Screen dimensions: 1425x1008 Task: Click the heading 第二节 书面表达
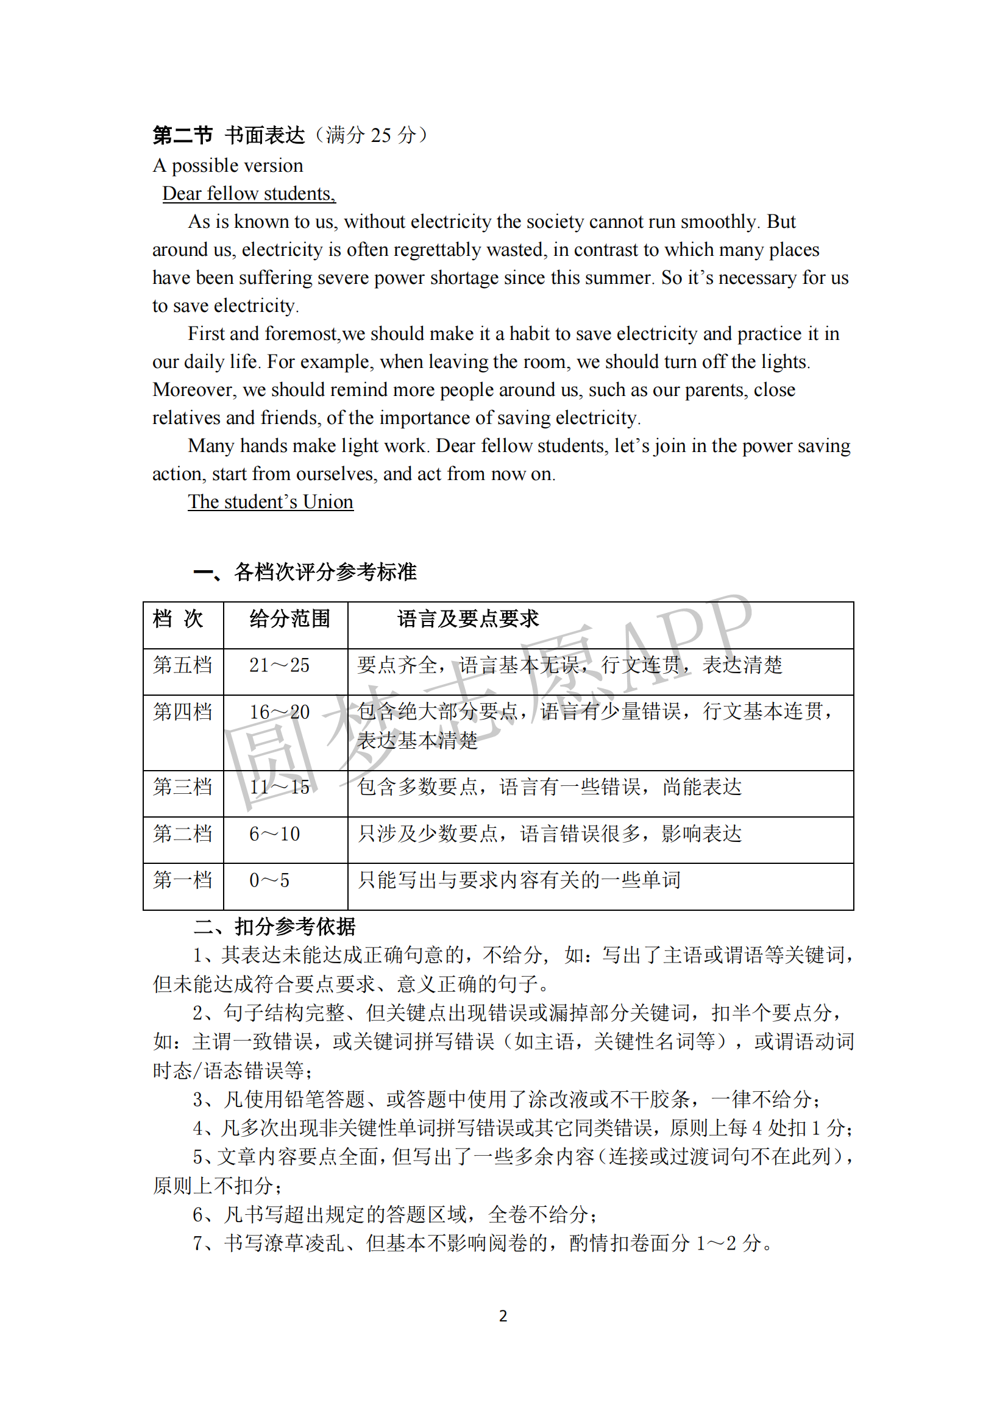[229, 135]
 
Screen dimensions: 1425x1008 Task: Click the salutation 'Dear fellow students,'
[248, 194]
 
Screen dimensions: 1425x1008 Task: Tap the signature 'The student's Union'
[271, 501]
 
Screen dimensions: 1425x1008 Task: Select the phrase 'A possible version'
[228, 166]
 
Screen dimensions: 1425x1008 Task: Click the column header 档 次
[178, 619]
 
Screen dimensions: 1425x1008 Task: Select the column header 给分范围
[289, 619]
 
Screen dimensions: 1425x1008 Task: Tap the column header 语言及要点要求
[468, 619]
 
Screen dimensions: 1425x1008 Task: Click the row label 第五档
[182, 665]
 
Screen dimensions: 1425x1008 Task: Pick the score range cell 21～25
[279, 665]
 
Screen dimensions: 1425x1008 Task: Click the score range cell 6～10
[274, 833]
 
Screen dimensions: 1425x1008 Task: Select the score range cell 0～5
[269, 880]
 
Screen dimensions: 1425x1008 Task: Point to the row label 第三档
[182, 787]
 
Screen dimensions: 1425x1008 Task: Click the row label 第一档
[182, 880]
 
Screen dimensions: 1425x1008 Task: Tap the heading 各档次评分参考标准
[325, 571]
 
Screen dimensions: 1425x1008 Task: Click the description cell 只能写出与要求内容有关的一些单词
[519, 880]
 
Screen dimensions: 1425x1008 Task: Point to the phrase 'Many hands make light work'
[307, 445]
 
